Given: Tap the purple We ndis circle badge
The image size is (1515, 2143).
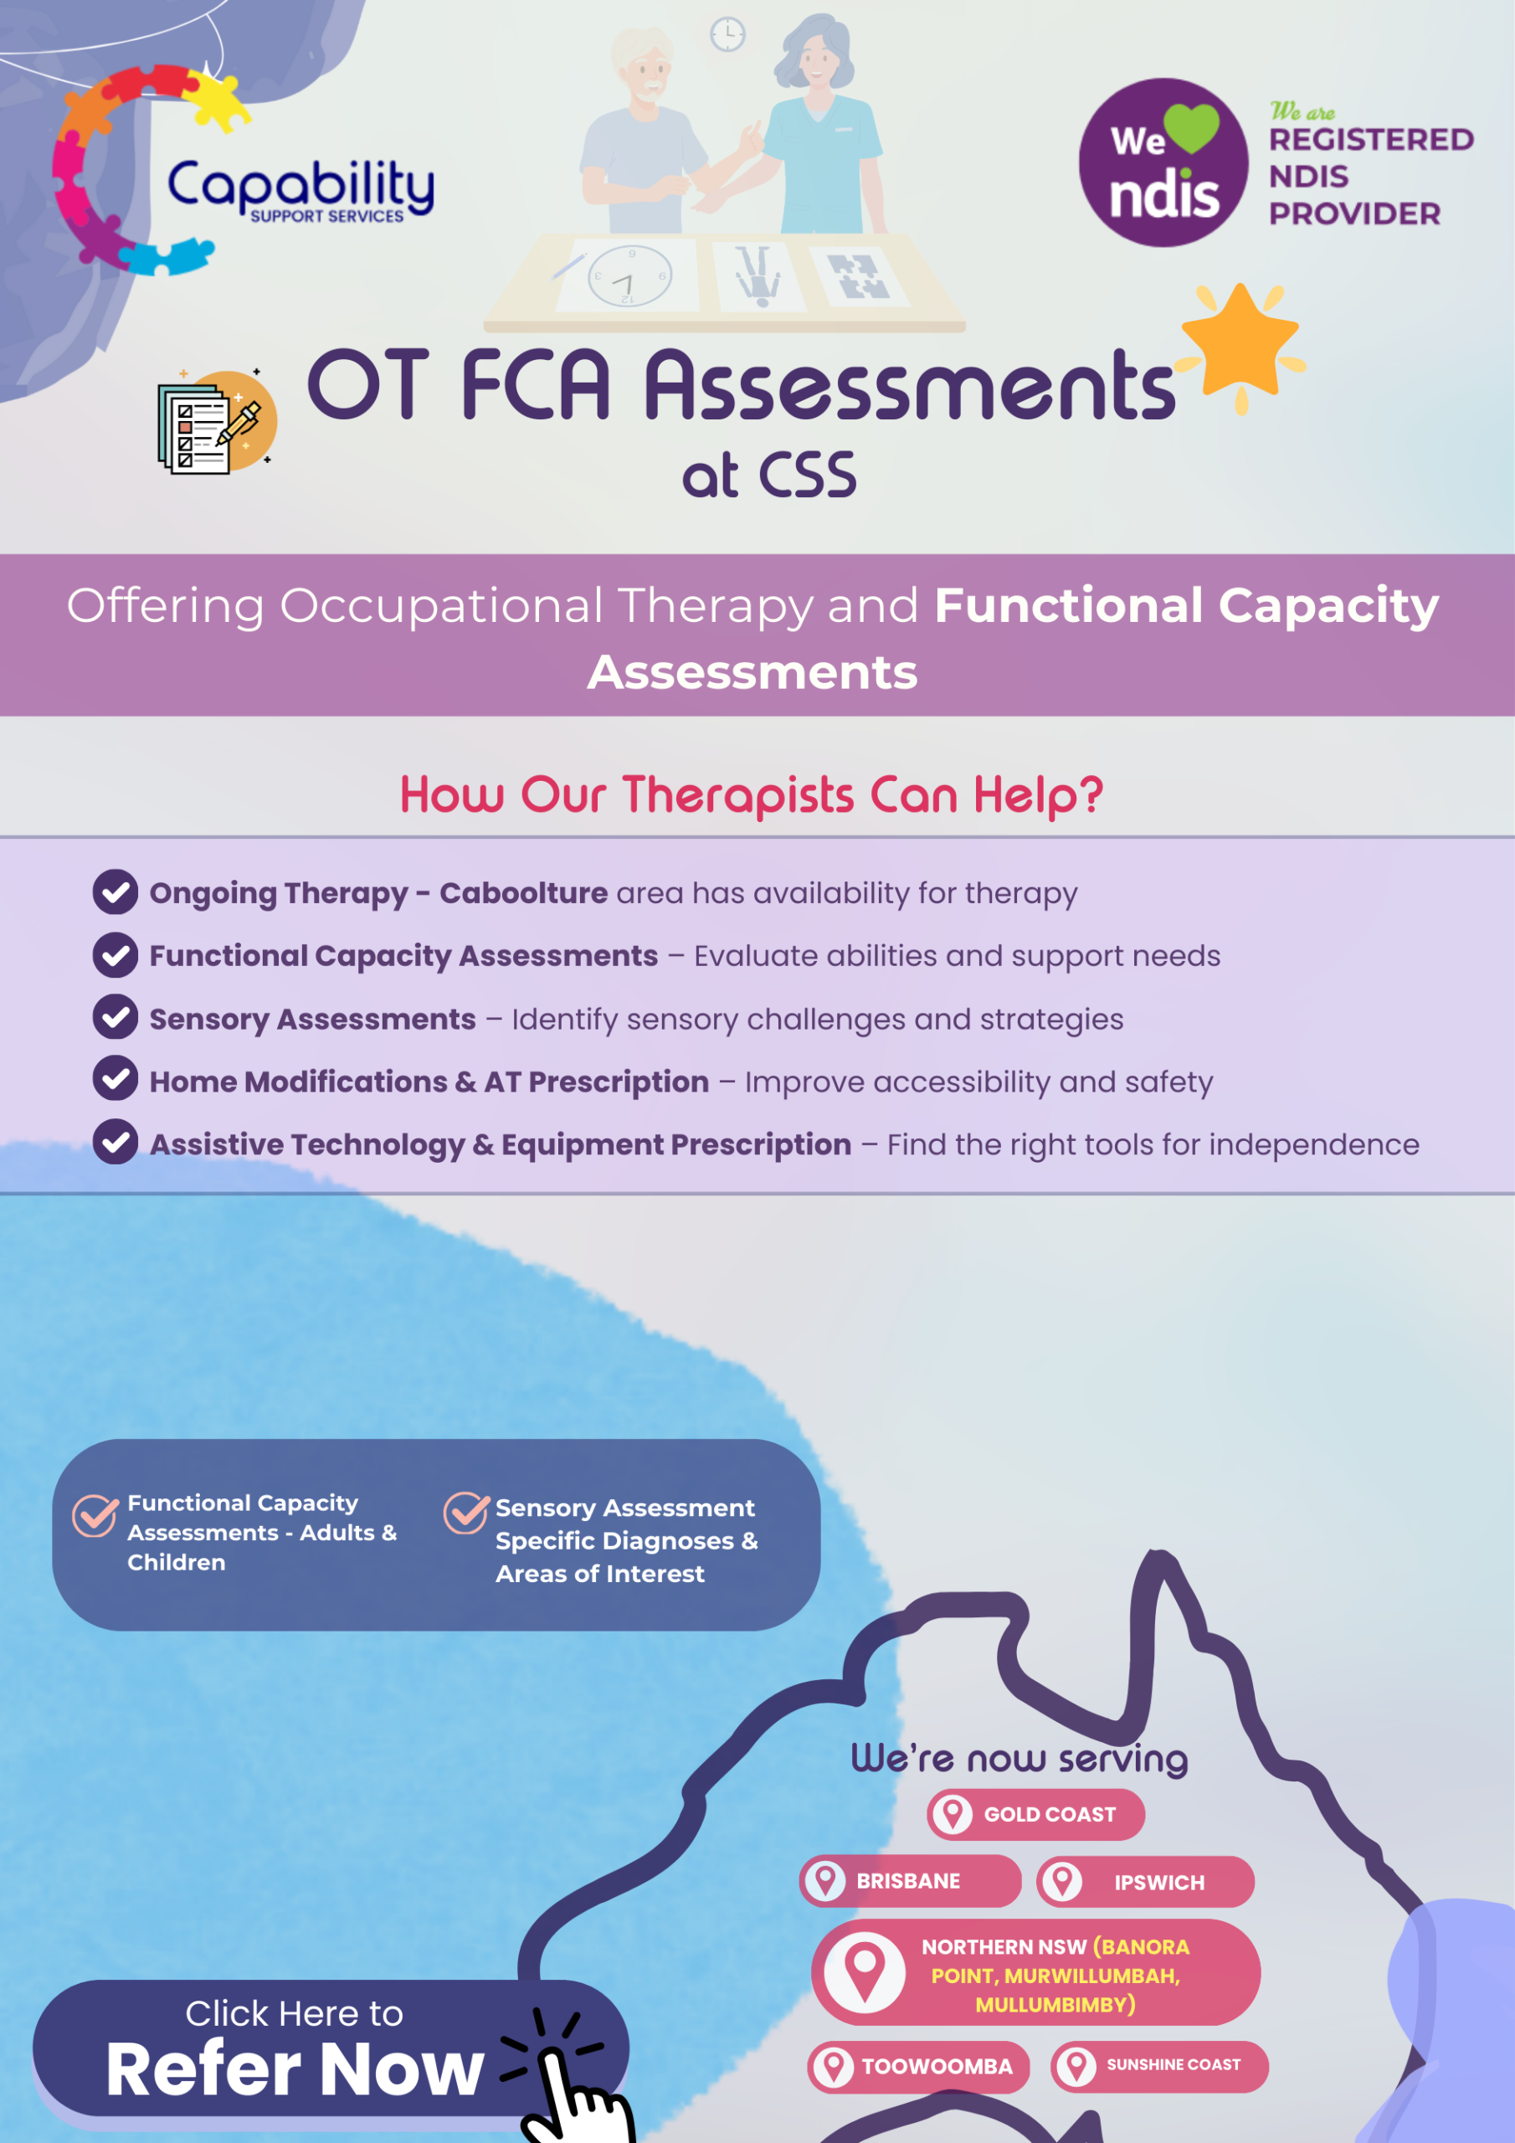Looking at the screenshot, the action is tap(1163, 162).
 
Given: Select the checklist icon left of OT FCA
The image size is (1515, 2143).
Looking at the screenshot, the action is tap(216, 421).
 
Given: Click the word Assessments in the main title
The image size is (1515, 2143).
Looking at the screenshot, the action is tap(910, 385).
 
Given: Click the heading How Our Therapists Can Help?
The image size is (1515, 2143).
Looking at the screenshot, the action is tap(752, 795).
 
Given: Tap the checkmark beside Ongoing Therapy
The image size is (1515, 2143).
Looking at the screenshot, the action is tap(116, 892).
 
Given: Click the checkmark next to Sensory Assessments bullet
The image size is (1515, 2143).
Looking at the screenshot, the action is tap(116, 1017).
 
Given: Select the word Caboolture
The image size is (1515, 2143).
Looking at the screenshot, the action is tap(524, 893).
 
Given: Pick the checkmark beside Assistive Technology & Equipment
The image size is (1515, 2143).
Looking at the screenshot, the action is tap(116, 1143).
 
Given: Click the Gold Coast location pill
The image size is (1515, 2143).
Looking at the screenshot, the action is tap(1035, 1815).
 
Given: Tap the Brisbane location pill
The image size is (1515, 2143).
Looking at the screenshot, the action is tap(910, 1881).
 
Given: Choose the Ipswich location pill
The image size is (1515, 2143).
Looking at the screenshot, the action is tap(1145, 1882).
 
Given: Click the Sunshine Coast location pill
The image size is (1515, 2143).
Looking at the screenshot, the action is tap(1159, 2065).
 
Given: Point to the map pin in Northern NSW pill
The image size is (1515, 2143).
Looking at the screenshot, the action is tap(865, 1972).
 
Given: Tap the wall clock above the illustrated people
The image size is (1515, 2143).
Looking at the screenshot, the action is tap(727, 35).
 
